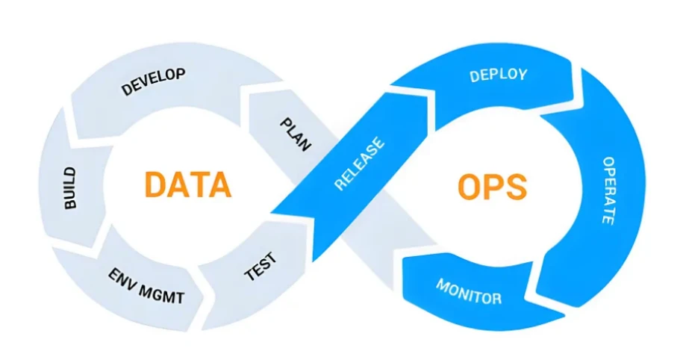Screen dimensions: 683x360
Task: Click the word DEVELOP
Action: click(x=153, y=81)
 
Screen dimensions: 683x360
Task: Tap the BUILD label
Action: click(x=69, y=188)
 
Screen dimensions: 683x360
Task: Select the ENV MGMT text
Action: click(x=146, y=286)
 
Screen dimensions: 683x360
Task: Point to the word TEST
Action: click(x=261, y=267)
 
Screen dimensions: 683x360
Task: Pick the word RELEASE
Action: click(x=359, y=164)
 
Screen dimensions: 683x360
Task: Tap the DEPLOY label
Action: click(x=499, y=75)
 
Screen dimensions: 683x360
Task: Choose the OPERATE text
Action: click(x=608, y=190)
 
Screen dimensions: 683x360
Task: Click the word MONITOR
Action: click(x=469, y=291)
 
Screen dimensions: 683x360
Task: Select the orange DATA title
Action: click(x=188, y=184)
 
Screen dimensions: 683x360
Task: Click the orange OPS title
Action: click(x=492, y=187)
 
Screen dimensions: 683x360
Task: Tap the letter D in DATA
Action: click(x=155, y=184)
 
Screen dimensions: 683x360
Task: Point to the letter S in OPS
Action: click(x=517, y=187)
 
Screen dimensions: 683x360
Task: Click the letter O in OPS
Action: click(x=469, y=187)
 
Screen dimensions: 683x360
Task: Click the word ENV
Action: click(x=121, y=277)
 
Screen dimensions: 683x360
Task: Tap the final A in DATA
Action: click(x=219, y=184)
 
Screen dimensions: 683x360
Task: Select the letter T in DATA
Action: click(x=199, y=184)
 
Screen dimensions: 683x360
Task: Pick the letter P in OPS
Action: click(x=494, y=187)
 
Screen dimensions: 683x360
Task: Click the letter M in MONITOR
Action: click(x=443, y=285)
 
